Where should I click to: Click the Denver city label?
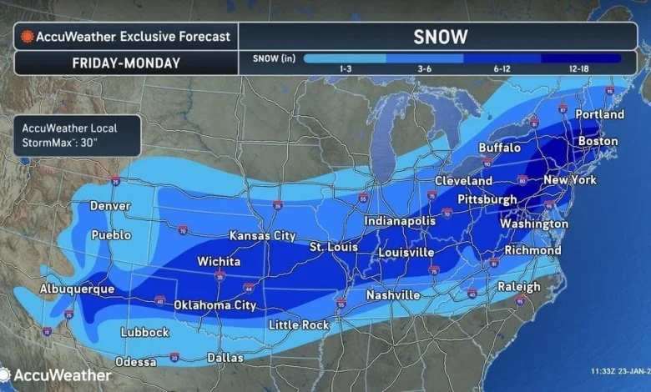[110, 206]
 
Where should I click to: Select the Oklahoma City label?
[214, 305]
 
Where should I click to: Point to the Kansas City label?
[262, 236]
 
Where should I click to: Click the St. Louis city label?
[333, 247]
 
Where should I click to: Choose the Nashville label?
[393, 295]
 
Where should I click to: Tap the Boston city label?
[598, 142]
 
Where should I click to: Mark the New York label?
[569, 180]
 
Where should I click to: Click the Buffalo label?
[499, 148]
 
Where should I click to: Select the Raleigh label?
[519, 287]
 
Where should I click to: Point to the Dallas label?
[225, 358]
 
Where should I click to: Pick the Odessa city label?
[135, 362]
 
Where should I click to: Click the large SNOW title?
[440, 37]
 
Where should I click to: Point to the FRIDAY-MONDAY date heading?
[125, 63]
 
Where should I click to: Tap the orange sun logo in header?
[28, 37]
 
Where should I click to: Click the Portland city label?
[599, 114]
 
